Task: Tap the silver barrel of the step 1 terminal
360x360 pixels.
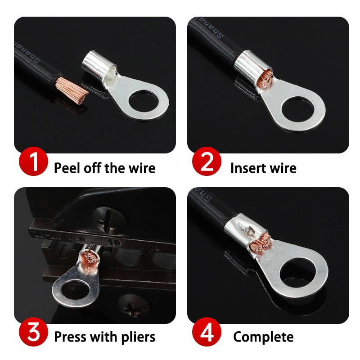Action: click(x=96, y=63)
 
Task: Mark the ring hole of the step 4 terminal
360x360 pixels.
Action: click(x=302, y=273)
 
